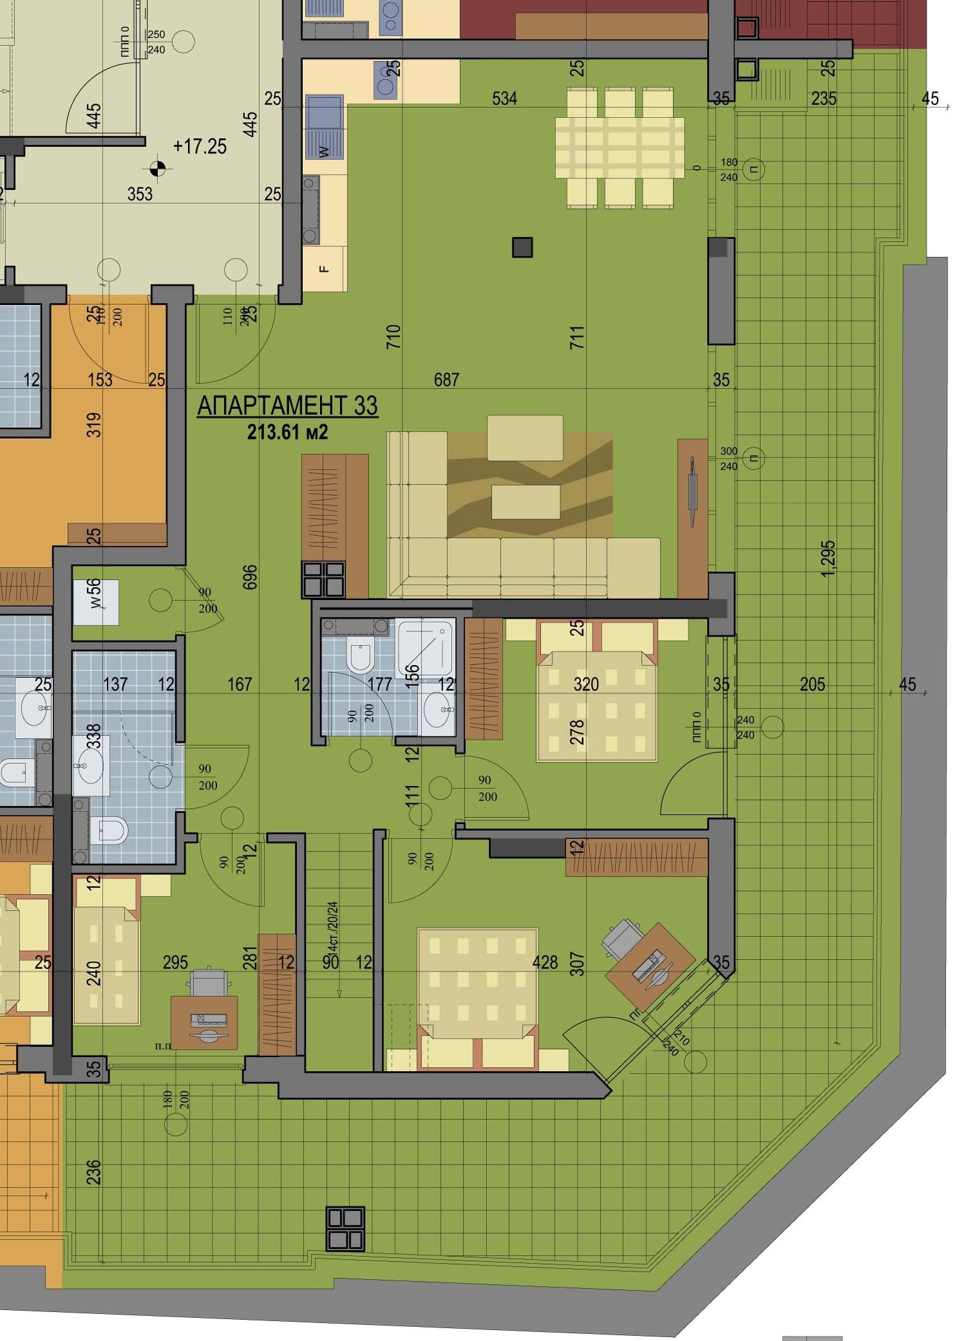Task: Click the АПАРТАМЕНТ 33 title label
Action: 287,406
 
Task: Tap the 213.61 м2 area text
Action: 287,431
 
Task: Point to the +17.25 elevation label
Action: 200,146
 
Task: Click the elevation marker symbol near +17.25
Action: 157,169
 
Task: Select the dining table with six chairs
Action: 620,148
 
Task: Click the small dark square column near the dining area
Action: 522,247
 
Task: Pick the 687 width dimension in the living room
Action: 446,380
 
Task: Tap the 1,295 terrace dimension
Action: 829,558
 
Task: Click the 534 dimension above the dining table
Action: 504,98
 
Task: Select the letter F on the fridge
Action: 324,269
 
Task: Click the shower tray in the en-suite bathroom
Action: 424,648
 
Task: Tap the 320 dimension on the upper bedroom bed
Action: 586,684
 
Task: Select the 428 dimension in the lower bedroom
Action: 545,962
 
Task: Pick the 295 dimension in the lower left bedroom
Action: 175,962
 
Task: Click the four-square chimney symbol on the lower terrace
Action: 345,1228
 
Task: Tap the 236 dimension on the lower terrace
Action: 94,1172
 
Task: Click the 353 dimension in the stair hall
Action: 140,194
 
